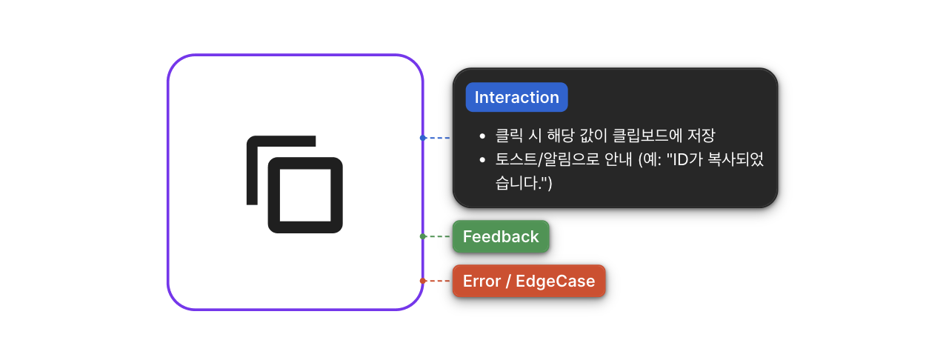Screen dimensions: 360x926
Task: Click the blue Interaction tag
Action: click(516, 98)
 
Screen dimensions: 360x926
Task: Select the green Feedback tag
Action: click(501, 237)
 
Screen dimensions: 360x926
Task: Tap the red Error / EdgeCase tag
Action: click(529, 281)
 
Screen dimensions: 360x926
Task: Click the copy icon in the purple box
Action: click(295, 184)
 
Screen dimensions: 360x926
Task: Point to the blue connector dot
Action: click(422, 138)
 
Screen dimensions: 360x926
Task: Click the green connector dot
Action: click(422, 236)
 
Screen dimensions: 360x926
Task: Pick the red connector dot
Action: click(422, 281)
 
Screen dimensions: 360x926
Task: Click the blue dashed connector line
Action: click(439, 138)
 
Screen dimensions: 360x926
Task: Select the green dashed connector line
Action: click(439, 236)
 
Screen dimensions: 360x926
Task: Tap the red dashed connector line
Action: click(439, 281)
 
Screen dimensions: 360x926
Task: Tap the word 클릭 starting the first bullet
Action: click(509, 136)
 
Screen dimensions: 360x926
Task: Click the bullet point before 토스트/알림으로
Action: click(482, 160)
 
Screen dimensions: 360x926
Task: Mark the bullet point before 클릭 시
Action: click(482, 136)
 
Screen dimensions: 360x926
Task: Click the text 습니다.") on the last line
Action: click(524, 184)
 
